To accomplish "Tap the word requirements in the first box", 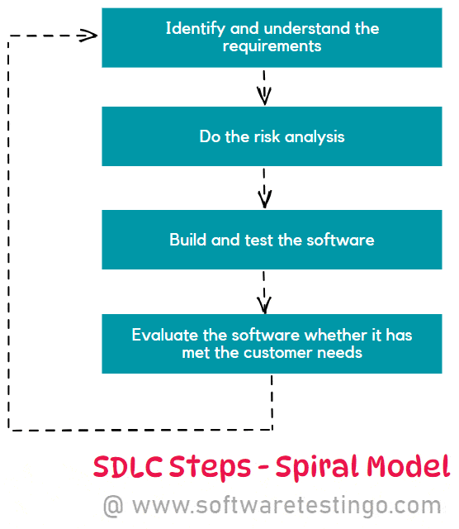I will (x=272, y=46).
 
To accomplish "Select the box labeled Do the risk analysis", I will (x=272, y=136).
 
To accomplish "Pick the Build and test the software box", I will (x=272, y=240).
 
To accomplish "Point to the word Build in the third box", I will (x=187, y=240).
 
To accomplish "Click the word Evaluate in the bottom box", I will (x=163, y=336).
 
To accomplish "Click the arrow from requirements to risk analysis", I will (x=264, y=87).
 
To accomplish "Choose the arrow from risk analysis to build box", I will (x=264, y=188).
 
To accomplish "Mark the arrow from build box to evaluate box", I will (x=264, y=293).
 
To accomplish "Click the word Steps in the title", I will (x=207, y=467).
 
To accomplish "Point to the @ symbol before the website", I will (x=114, y=505).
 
